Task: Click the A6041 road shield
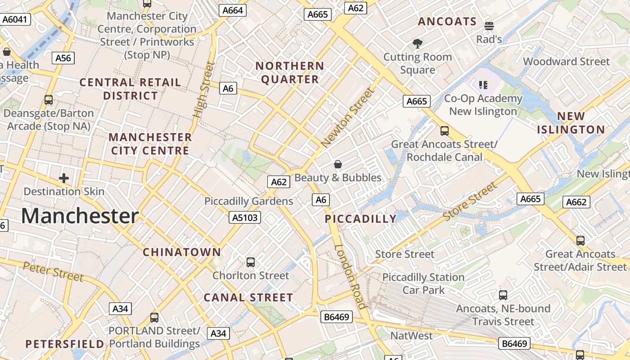(15, 19)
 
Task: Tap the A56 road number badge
(63, 58)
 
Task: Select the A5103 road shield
(245, 218)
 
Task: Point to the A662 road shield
(576, 202)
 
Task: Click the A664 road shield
(233, 10)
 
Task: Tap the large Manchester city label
(80, 216)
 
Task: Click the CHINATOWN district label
(182, 252)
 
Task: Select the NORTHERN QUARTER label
(290, 73)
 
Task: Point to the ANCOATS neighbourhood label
(447, 22)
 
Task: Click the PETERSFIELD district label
(65, 344)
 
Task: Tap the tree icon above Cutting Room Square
(418, 44)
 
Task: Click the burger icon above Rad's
(489, 26)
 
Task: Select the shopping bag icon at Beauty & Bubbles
(338, 164)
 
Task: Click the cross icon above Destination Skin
(64, 178)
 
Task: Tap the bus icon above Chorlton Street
(251, 262)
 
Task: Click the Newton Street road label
(348, 118)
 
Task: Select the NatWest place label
(411, 336)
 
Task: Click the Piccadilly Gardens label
(249, 201)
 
